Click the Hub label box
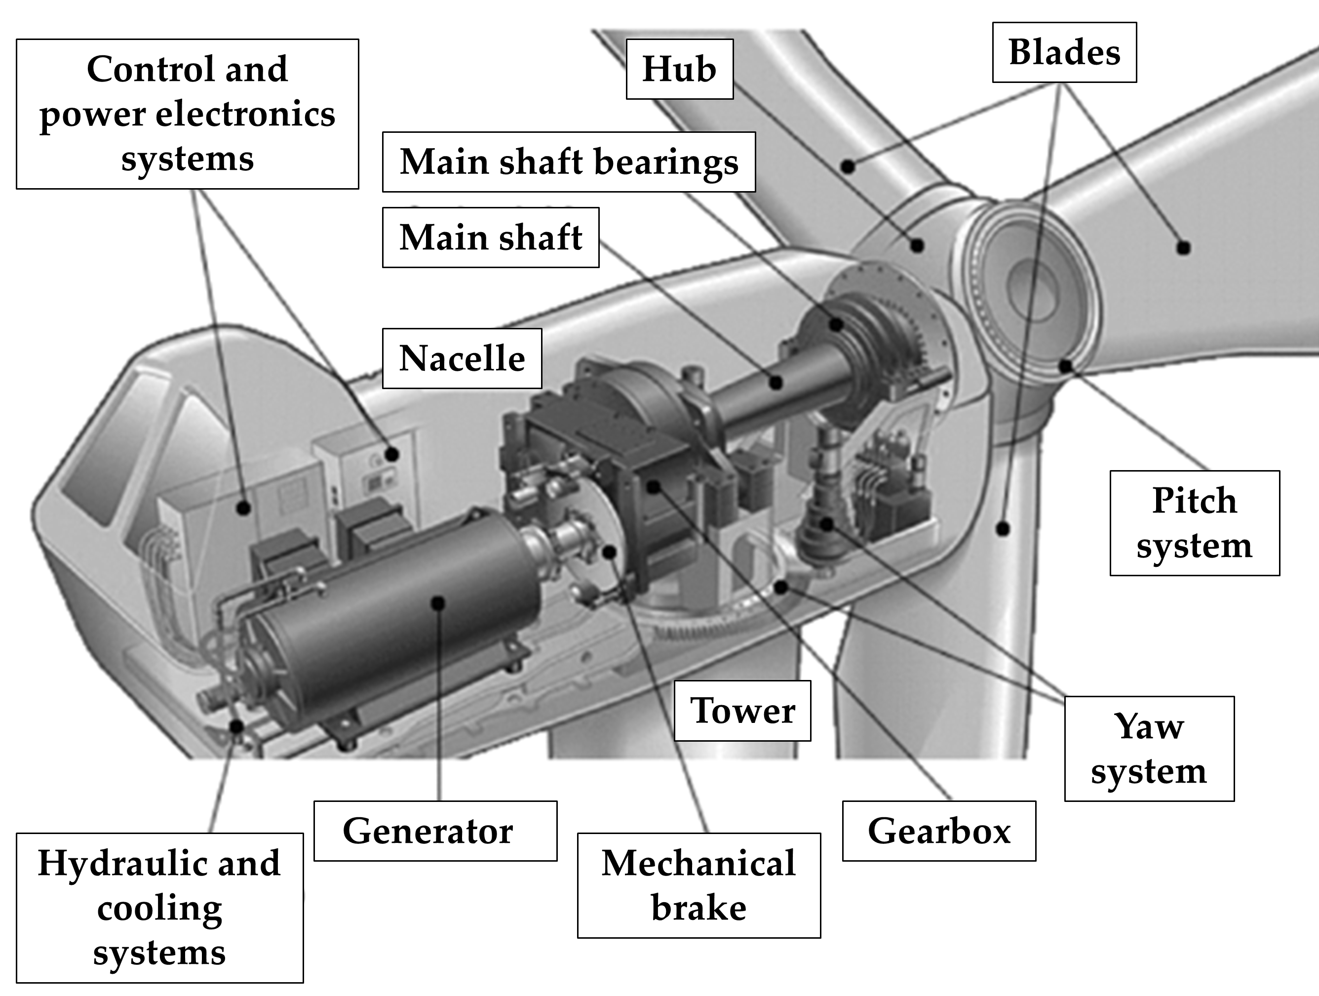tap(679, 69)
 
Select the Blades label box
tap(1064, 52)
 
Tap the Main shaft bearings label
tap(569, 162)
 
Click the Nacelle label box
tap(462, 359)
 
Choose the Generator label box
tap(435, 831)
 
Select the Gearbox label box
tap(939, 831)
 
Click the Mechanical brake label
tap(699, 886)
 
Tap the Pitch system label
tap(1195, 523)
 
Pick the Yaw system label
tap(1150, 749)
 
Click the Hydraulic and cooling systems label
tap(160, 908)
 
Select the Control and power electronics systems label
tap(187, 114)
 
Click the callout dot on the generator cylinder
tap(438, 603)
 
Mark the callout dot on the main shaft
tap(776, 382)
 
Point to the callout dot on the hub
tap(917, 244)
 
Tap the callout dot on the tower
tap(1004, 528)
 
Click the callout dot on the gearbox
tap(654, 487)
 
